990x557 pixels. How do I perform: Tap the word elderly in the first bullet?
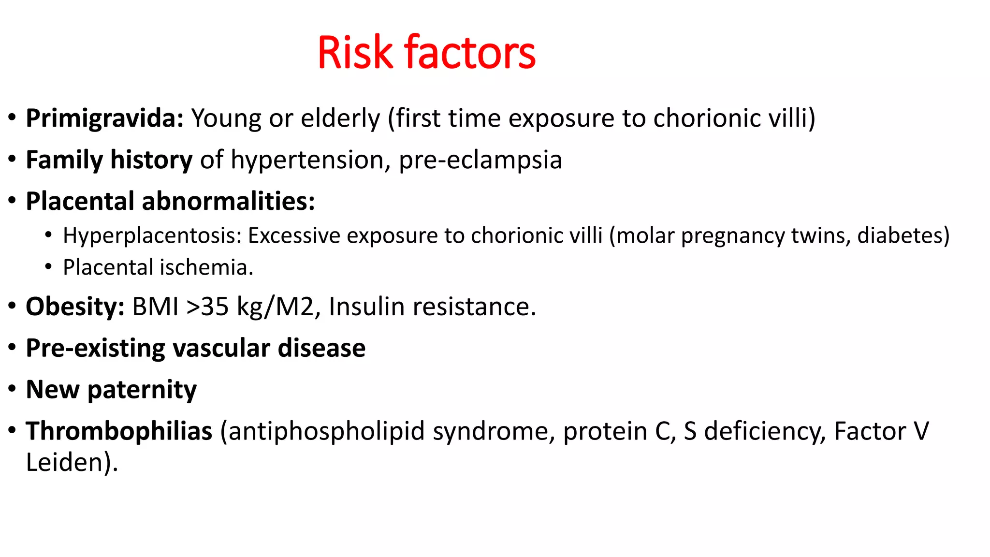pyautogui.click(x=340, y=118)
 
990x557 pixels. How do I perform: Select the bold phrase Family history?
pyautogui.click(x=109, y=160)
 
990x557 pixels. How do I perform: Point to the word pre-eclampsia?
pyautogui.click(x=480, y=160)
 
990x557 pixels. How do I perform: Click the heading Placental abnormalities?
pyautogui.click(x=170, y=201)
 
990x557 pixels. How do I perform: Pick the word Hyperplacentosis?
pyautogui.click(x=151, y=235)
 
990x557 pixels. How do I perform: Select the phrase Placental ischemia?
pyautogui.click(x=158, y=267)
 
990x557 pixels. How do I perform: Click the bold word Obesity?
pyautogui.click(x=75, y=307)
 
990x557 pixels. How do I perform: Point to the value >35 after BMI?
pyautogui.click(x=207, y=307)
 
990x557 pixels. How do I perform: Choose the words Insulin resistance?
pyautogui.click(x=432, y=307)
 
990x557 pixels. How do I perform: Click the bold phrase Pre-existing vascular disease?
pyautogui.click(x=195, y=348)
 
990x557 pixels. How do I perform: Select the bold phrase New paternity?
pyautogui.click(x=111, y=390)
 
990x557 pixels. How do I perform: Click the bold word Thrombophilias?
pyautogui.click(x=119, y=431)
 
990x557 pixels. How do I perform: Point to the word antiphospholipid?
pyautogui.click(x=326, y=431)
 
